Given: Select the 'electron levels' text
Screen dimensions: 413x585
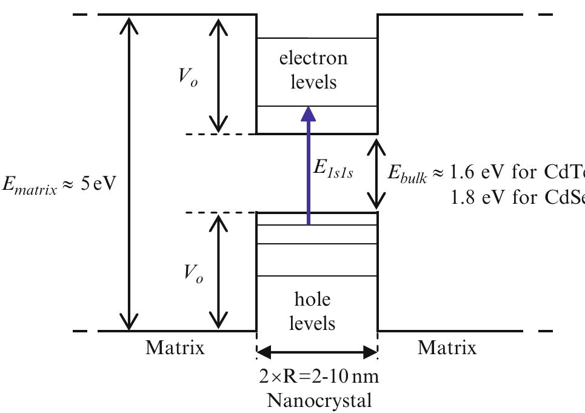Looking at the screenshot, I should tap(313, 70).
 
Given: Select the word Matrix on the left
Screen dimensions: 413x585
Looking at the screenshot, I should tap(175, 348).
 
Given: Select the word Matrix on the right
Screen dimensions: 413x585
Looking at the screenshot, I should tap(447, 348).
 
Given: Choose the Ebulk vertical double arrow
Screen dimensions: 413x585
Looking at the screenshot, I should tap(377, 173).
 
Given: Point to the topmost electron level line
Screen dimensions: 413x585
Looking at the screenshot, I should tap(317, 39).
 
